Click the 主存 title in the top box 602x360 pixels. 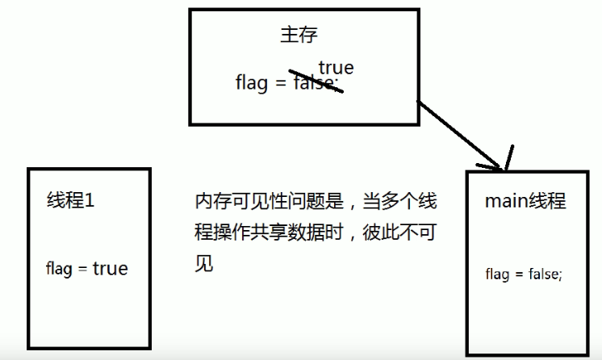pyautogui.click(x=299, y=35)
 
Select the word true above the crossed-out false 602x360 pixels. pyautogui.click(x=336, y=67)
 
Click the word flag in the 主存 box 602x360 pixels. pyautogui.click(x=252, y=83)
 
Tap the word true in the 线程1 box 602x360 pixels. pyautogui.click(x=110, y=268)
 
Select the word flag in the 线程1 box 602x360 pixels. pyautogui.click(x=61, y=268)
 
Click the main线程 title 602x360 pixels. pyautogui.click(x=525, y=201)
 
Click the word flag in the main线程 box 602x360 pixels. pyautogui.click(x=498, y=274)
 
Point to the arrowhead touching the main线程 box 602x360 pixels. pyautogui.click(x=504, y=161)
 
